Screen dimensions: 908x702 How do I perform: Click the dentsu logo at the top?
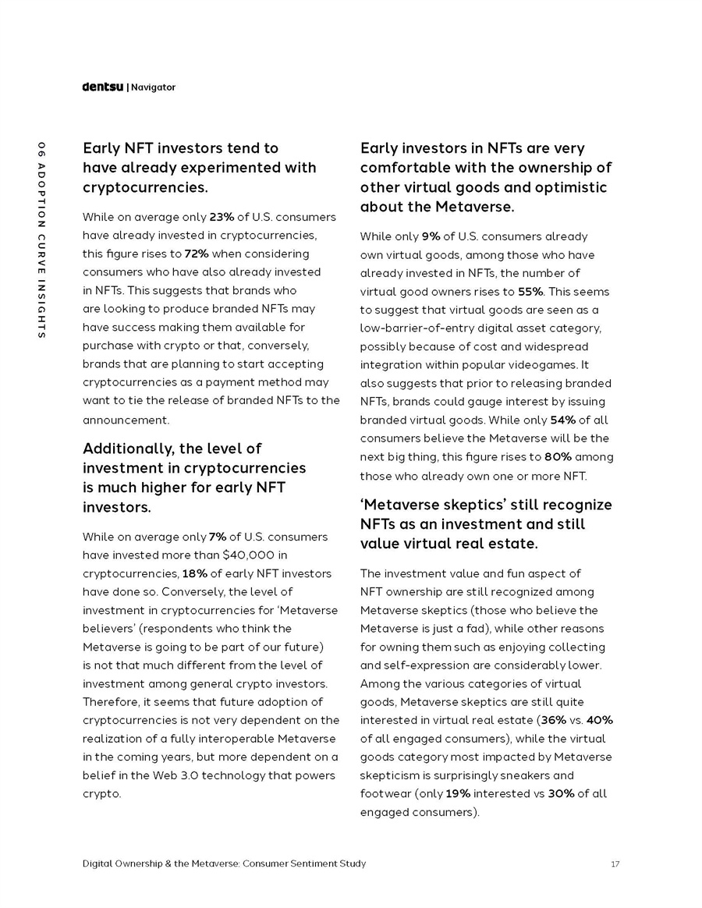coord(102,87)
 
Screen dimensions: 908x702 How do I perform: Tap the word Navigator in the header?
coord(153,87)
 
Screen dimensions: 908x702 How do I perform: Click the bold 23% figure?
coord(222,217)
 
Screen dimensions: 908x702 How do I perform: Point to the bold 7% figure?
coord(218,537)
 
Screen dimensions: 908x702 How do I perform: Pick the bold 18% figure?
coord(194,573)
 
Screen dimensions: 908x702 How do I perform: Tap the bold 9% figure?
coord(431,236)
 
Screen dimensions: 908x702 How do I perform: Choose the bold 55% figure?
coord(531,292)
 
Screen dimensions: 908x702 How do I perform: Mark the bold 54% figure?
coord(562,420)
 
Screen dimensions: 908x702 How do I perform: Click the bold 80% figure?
coord(558,457)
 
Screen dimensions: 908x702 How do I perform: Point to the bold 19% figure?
coord(458,793)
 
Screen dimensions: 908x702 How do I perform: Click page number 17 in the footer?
coord(615,864)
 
